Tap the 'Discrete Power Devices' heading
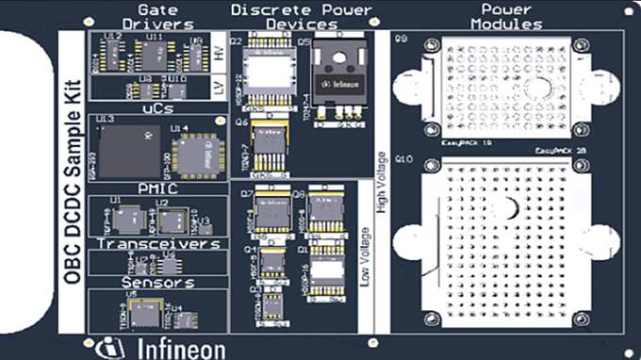pyautogui.click(x=302, y=17)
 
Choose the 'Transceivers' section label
pyautogui.click(x=156, y=244)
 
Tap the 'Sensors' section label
pyautogui.click(x=156, y=281)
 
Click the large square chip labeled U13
pyautogui.click(x=128, y=151)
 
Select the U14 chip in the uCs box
pyautogui.click(x=197, y=151)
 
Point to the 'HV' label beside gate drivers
pyautogui.click(x=220, y=57)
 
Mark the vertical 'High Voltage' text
pyautogui.click(x=382, y=179)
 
